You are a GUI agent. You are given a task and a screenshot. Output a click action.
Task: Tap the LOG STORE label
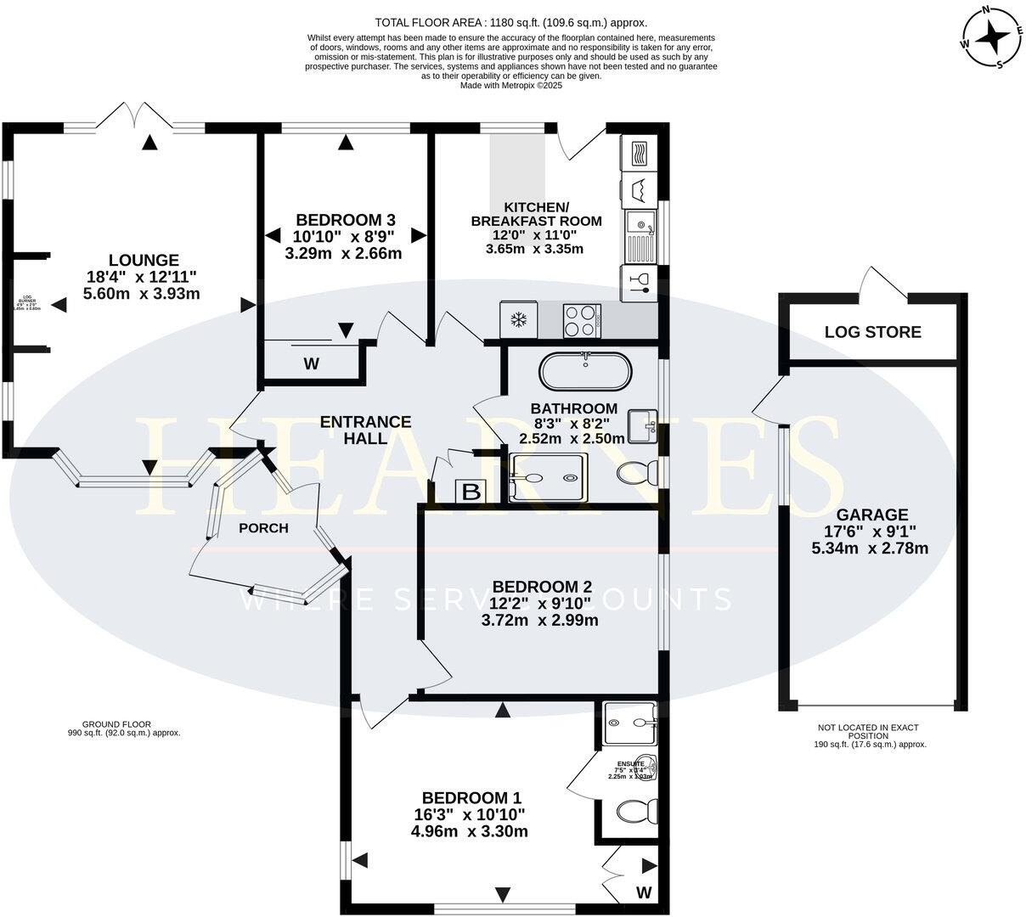(x=872, y=332)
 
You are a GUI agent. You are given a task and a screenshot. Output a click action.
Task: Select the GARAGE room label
(x=871, y=515)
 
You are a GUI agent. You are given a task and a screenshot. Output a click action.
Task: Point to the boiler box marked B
(x=471, y=491)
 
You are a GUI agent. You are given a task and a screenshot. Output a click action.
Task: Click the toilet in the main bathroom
(x=636, y=472)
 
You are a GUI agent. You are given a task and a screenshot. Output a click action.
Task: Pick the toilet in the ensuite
(x=634, y=812)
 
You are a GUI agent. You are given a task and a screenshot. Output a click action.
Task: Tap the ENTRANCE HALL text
(x=365, y=430)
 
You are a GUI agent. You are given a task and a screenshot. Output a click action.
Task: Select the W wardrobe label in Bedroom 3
(x=312, y=364)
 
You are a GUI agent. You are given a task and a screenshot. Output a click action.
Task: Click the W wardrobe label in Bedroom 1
(x=644, y=892)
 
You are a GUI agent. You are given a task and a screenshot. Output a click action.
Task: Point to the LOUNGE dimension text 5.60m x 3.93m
(x=142, y=294)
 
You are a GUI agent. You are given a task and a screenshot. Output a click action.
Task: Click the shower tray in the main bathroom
(x=548, y=478)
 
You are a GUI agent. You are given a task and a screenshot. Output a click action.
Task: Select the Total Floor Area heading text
(x=516, y=23)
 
